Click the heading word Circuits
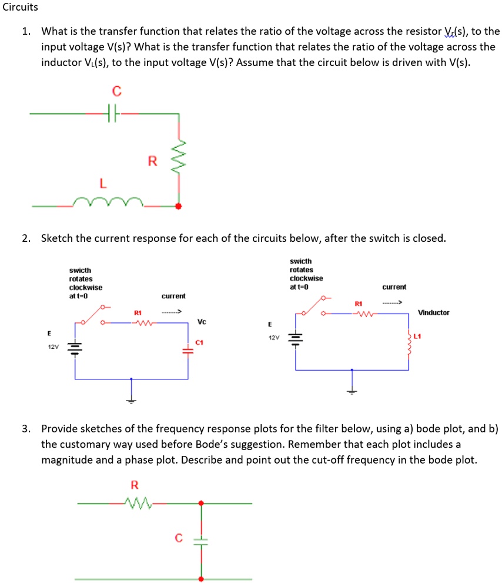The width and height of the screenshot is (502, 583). pyautogui.click(x=20, y=8)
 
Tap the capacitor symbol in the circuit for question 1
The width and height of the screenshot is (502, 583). pyautogui.click(x=113, y=113)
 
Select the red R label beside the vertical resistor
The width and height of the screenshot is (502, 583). pyautogui.click(x=152, y=161)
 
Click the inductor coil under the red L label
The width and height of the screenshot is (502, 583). pyautogui.click(x=108, y=203)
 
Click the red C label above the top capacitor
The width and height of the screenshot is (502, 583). pyautogui.click(x=116, y=91)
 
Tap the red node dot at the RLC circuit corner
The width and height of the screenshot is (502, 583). pyautogui.click(x=179, y=206)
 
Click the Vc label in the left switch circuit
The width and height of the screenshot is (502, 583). pyautogui.click(x=202, y=321)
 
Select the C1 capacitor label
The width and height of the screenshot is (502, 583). pyautogui.click(x=200, y=342)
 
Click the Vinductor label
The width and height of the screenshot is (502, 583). pyautogui.click(x=433, y=312)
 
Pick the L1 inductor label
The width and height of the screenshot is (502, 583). pyautogui.click(x=418, y=337)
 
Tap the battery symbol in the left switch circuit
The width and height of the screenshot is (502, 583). pyautogui.click(x=75, y=348)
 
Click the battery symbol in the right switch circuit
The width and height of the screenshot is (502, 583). pyautogui.click(x=295, y=339)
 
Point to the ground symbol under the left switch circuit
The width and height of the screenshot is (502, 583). pyautogui.click(x=131, y=400)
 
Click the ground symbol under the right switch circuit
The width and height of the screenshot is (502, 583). pyautogui.click(x=352, y=391)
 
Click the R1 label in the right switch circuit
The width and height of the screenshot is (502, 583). pyautogui.click(x=359, y=303)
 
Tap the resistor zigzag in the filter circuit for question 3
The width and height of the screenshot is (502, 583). pyautogui.click(x=139, y=503)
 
